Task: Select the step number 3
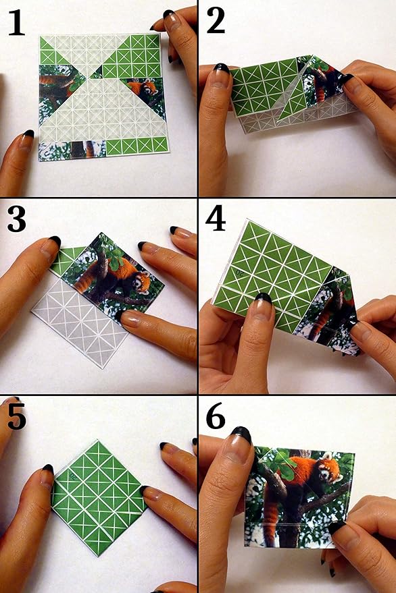[17, 220]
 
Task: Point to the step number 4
[216, 220]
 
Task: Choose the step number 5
[17, 418]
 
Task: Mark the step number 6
[216, 418]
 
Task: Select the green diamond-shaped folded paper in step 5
[99, 497]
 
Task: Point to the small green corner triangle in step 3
[66, 261]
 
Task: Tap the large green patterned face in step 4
[274, 270]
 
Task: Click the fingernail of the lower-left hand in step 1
[24, 140]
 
